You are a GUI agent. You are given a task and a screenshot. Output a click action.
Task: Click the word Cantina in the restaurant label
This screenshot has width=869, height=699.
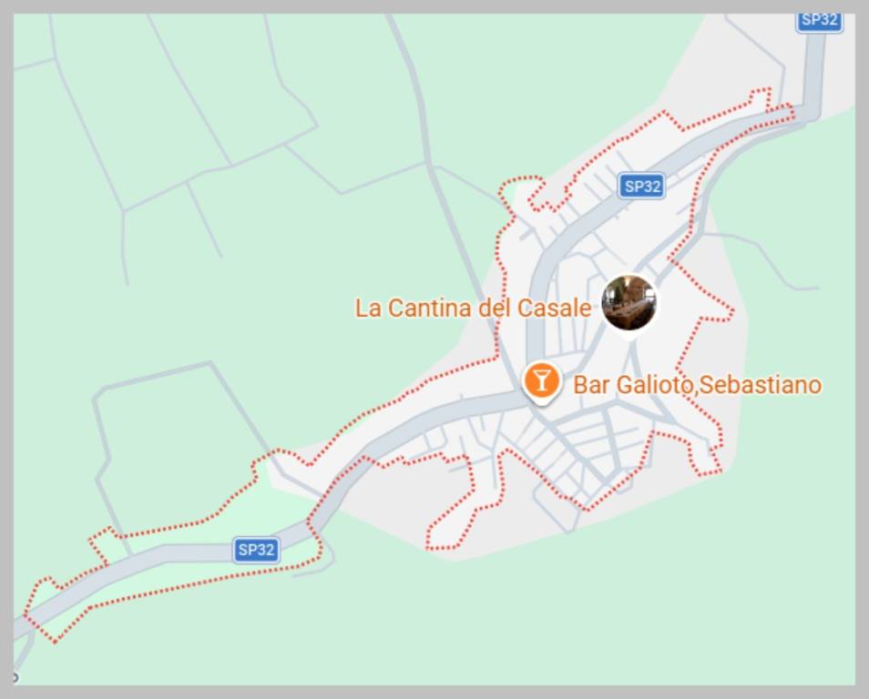pos(430,309)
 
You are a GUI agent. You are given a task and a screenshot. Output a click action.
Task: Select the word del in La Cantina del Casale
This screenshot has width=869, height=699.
pos(496,309)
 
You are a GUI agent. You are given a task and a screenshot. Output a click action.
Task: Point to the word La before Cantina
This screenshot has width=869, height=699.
pos(367,309)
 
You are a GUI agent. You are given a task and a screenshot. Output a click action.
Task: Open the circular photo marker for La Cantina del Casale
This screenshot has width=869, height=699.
pos(629,303)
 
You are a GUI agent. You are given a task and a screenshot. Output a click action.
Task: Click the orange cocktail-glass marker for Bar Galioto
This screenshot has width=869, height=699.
pos(541,380)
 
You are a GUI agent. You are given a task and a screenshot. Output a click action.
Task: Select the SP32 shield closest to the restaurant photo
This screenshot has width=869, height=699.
pos(641,187)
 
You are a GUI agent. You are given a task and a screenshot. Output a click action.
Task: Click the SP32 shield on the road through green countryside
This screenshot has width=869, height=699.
pos(257,550)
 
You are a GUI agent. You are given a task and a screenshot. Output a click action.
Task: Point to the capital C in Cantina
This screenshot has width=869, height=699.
pos(395,309)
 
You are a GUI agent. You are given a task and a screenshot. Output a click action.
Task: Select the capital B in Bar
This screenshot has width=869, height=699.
pos(579,385)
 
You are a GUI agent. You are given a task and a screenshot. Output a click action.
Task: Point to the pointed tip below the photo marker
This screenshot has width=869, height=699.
pos(629,334)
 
